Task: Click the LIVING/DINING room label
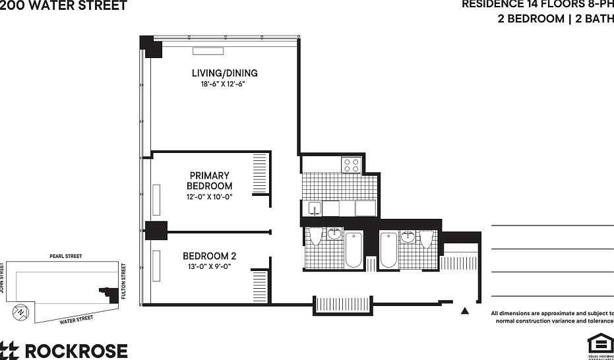(224, 73)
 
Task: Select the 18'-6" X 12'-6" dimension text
(224, 84)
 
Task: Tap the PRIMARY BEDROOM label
(209, 181)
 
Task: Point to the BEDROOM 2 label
(209, 256)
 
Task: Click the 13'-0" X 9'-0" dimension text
(209, 266)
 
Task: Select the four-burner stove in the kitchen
(350, 164)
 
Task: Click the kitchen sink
(315, 209)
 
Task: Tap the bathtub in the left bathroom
(353, 250)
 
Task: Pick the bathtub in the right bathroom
(388, 250)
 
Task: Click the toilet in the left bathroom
(316, 237)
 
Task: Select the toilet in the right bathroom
(426, 238)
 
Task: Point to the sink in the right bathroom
(408, 236)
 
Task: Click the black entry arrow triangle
(464, 311)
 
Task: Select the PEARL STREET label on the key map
(66, 256)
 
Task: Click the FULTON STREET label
(124, 282)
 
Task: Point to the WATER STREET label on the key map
(76, 321)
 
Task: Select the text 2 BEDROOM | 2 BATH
(555, 19)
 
